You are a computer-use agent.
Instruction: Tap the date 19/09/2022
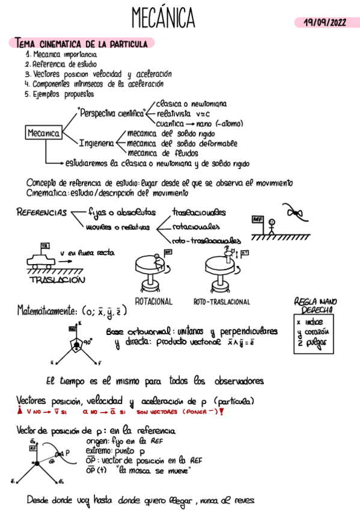325,22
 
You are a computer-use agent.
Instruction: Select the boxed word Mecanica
43,133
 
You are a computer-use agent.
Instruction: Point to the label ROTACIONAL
153,301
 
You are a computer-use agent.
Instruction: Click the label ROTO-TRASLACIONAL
221,301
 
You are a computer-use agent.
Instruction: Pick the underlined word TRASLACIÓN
57,280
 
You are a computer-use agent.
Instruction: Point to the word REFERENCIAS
41,212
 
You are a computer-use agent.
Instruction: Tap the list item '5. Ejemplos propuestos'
59,94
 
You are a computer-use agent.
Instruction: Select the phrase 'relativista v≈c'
182,113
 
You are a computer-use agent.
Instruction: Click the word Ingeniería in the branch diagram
96,143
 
